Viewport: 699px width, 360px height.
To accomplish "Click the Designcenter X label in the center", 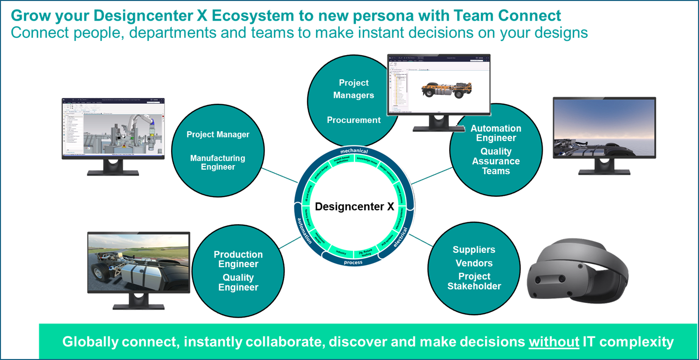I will [x=354, y=207].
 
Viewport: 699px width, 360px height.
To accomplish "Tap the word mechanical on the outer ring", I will [x=354, y=151].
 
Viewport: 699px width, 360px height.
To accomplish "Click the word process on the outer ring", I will [x=353, y=262].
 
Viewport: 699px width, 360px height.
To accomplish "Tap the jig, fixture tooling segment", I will [x=365, y=253].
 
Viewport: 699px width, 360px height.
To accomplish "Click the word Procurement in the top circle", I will [x=354, y=120].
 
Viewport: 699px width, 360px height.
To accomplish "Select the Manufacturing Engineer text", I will [x=218, y=162].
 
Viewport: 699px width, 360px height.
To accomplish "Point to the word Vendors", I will [x=474, y=263].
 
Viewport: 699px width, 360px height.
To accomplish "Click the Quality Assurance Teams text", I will [x=496, y=161].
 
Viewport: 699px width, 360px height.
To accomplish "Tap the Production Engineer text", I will [x=238, y=259].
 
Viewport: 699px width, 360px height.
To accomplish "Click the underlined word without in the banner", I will [x=554, y=342].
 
